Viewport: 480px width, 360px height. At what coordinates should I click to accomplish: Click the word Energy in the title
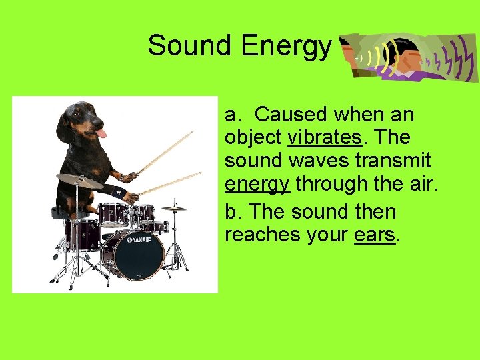coord(286,46)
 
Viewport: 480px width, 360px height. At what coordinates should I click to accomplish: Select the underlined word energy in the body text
coord(257,183)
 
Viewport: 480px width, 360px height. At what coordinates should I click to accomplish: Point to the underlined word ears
coord(375,235)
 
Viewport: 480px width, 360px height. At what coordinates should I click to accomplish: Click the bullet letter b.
coord(231,212)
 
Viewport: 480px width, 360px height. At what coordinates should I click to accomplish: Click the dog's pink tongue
coord(101,133)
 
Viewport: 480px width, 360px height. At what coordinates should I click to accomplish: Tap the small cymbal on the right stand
coord(175,208)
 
